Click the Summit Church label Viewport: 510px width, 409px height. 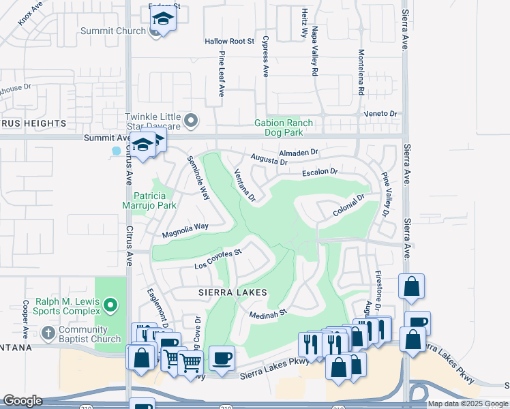pos(112,31)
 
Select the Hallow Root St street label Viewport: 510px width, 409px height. pos(229,42)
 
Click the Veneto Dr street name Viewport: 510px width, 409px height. pos(380,113)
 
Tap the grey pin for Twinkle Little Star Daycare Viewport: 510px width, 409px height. pos(192,121)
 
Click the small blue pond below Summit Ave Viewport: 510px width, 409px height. pos(116,151)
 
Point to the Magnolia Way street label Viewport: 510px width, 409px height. pos(185,230)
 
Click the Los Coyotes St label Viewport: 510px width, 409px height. pos(218,258)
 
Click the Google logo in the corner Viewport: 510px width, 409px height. pos(22,401)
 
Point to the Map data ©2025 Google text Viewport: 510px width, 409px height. pos(468,404)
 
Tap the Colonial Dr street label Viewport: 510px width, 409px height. pos(349,205)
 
